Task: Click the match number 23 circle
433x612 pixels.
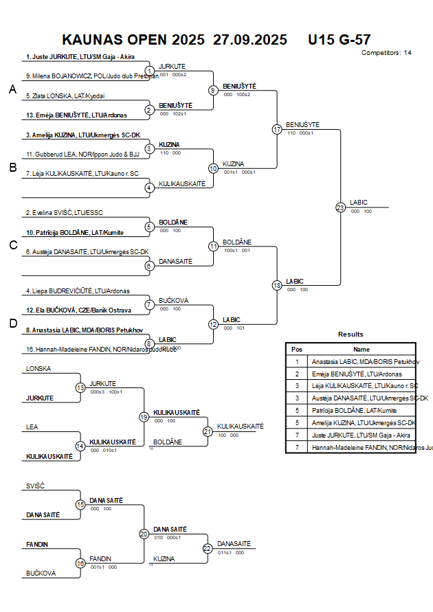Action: (340, 207)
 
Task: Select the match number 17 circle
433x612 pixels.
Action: (277, 129)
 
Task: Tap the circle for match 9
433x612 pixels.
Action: (213, 90)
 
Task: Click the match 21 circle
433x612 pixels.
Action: (208, 431)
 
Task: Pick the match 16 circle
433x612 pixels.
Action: (80, 564)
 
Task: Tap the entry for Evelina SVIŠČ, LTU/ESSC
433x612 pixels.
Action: (63, 213)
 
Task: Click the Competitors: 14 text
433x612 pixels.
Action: (386, 52)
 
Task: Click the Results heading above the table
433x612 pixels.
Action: (351, 334)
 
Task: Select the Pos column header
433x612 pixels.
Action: (297, 349)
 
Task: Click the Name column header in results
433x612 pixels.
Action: (362, 349)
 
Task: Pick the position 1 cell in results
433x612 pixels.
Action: (297, 361)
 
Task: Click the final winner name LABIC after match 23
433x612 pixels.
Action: (359, 202)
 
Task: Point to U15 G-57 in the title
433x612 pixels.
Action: (340, 39)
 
